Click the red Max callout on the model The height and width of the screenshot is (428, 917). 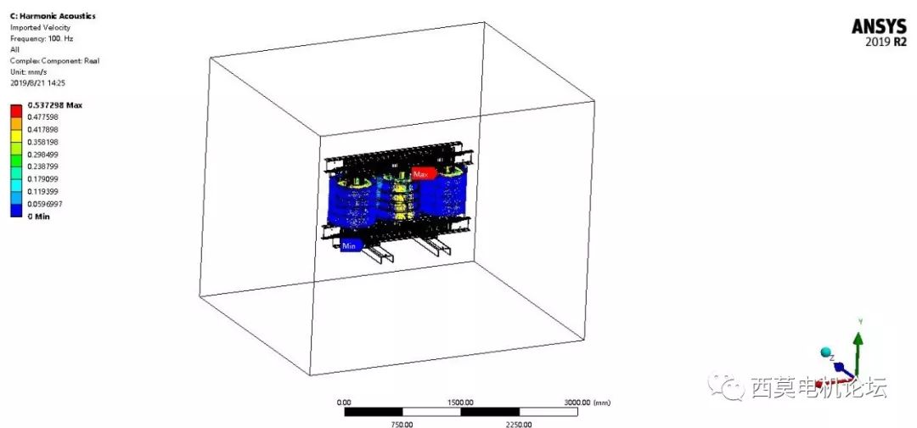[423, 174]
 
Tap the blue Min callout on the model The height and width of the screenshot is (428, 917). [351, 246]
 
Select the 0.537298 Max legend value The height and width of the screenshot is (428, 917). [55, 105]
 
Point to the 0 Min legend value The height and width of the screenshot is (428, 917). [39, 217]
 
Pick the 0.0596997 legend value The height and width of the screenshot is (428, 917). [45, 204]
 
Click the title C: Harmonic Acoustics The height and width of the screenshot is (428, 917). [45, 16]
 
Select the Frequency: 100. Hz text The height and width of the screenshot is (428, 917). [42, 38]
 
